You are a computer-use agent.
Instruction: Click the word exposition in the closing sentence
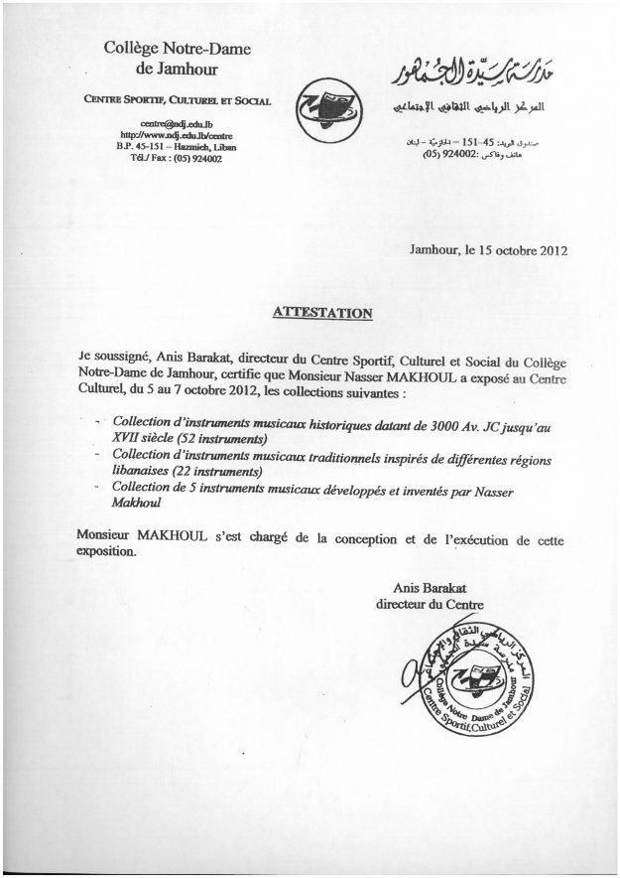[106, 553]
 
